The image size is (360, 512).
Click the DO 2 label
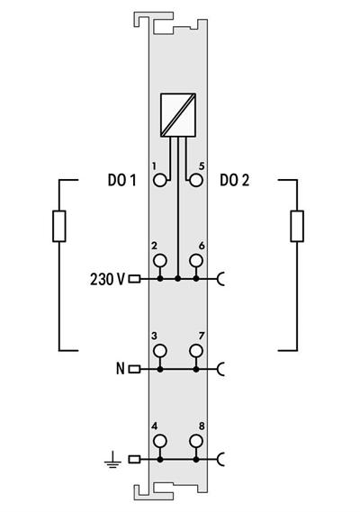[235, 180]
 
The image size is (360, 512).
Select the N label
[120, 368]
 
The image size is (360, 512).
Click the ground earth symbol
[112, 460]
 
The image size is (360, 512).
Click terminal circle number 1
[160, 180]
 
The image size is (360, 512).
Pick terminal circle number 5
[195, 180]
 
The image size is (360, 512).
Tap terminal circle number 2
[160, 261]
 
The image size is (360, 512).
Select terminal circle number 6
[195, 261]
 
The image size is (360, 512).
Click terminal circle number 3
[160, 350]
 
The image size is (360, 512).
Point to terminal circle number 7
[195, 350]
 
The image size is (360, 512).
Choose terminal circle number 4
[160, 441]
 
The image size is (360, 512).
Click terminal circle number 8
[195, 441]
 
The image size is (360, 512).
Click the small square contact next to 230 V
[135, 279]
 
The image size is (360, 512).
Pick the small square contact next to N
[135, 369]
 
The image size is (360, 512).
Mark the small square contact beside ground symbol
[135, 459]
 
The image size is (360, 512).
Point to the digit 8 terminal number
[202, 426]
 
